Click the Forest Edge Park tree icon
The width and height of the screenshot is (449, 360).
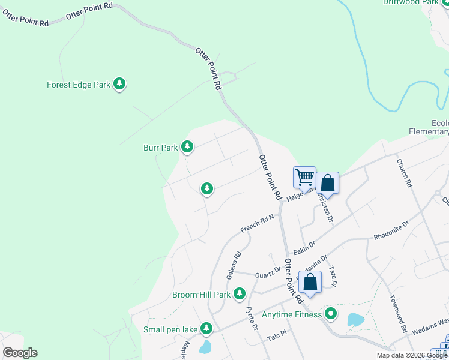coord(119,85)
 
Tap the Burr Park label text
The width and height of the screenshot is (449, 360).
coord(160,147)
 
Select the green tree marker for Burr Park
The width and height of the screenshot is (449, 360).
coord(187,146)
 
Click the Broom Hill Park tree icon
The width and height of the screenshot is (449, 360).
coord(240,294)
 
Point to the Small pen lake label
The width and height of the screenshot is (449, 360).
coord(170,329)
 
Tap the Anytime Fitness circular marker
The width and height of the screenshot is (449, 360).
coord(330,313)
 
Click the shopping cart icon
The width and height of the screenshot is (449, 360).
coord(304,178)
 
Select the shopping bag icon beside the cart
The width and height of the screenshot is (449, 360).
coord(328,183)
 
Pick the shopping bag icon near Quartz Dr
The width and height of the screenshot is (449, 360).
coord(310,282)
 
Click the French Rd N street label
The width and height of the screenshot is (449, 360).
coord(257,224)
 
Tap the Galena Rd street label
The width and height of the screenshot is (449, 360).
coord(234,265)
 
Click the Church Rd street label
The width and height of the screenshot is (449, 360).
coord(402,172)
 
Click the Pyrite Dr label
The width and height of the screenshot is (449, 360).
coord(252,318)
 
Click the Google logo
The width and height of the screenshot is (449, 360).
coord(20,353)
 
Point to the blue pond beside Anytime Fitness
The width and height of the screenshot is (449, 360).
coord(355,319)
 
